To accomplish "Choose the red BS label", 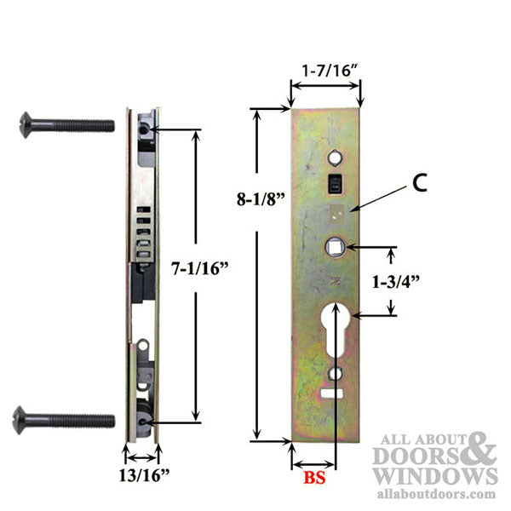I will (313, 479).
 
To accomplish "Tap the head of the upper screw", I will (26, 125).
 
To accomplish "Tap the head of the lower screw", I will (26, 419).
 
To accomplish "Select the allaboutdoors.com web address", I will (435, 494).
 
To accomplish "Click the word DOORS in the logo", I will (417, 456).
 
